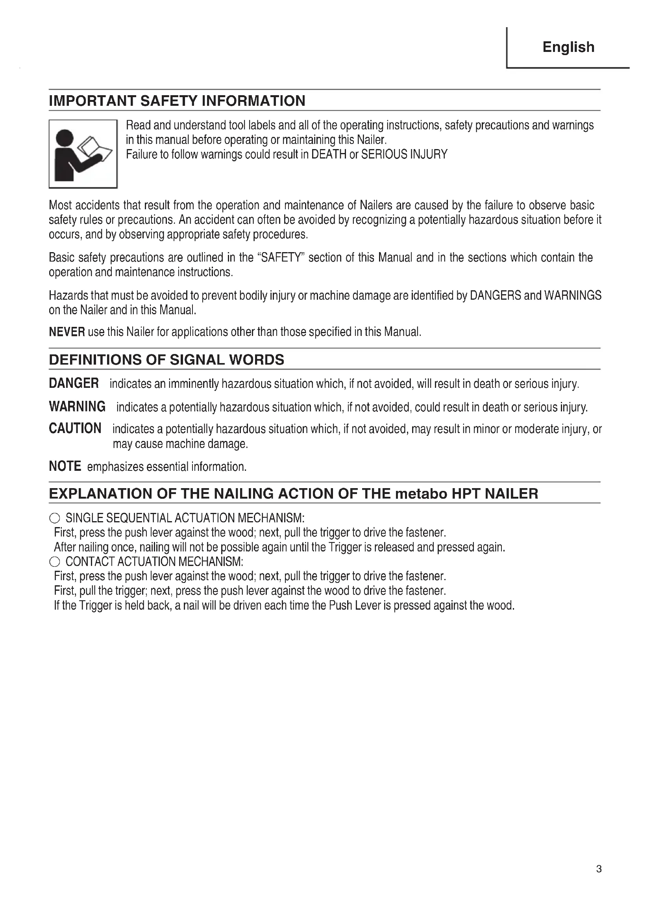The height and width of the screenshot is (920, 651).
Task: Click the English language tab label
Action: [x=568, y=47]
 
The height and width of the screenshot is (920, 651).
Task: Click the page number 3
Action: [x=599, y=880]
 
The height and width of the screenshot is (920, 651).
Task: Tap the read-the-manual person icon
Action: [x=83, y=154]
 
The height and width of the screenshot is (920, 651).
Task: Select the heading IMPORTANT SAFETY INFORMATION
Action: [x=177, y=101]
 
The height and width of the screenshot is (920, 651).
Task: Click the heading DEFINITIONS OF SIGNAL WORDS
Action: [x=166, y=360]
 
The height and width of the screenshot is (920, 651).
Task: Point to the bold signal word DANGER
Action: [x=74, y=383]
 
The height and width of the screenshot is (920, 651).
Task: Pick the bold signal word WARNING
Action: [x=77, y=407]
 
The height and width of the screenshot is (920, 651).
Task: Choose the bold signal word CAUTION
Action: [x=75, y=428]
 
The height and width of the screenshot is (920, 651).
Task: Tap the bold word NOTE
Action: [x=65, y=466]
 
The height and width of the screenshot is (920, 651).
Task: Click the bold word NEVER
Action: [x=67, y=332]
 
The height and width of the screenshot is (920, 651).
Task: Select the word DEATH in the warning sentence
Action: [x=329, y=155]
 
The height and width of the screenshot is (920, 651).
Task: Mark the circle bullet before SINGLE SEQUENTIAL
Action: [x=55, y=518]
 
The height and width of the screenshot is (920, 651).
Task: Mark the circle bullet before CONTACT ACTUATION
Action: [x=55, y=562]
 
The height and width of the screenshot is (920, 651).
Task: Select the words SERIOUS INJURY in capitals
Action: [x=404, y=155]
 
